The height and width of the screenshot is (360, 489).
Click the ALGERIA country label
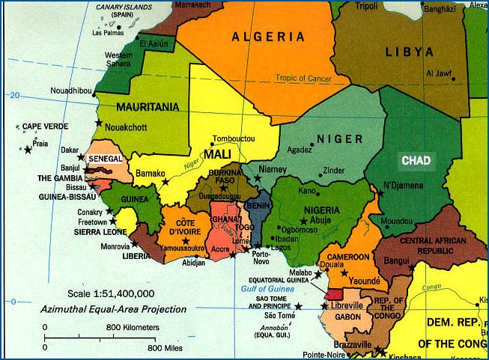268,37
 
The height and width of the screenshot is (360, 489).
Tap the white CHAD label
416,161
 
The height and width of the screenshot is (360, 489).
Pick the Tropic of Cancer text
312,78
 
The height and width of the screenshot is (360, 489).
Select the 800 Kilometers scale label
133,328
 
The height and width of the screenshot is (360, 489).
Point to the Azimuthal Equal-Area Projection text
115,308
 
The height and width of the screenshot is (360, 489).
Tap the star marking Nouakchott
98,123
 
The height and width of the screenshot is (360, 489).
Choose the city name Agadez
299,149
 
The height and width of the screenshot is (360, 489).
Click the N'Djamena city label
403,185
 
